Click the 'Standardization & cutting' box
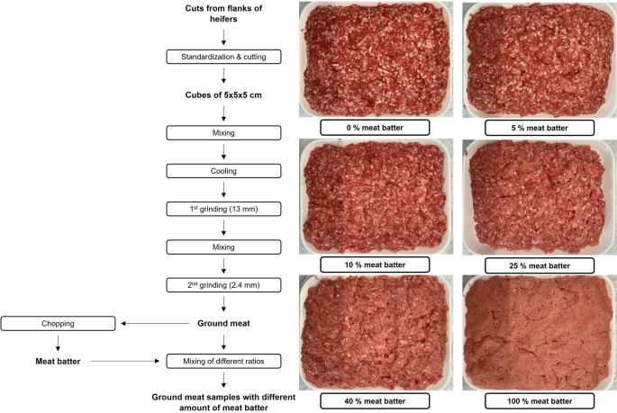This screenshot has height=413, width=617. tap(223, 57)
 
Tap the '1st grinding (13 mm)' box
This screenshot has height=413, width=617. tap(223, 209)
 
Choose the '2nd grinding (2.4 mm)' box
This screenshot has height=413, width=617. tap(223, 285)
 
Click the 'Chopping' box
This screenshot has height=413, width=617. tap(58, 323)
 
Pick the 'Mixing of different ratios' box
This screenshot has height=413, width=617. tap(223, 362)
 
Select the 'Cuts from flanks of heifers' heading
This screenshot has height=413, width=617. tap(223, 13)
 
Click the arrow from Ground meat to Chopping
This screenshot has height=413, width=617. tap(154, 323)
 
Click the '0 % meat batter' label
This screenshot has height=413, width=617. tap(375, 128)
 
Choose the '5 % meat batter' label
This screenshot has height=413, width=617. tap(539, 128)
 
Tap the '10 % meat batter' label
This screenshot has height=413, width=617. tap(375, 265)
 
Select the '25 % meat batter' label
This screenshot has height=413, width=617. tap(539, 265)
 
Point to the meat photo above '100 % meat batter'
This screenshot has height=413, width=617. tap(539, 330)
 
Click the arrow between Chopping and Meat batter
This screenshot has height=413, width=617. tap(58, 343)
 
